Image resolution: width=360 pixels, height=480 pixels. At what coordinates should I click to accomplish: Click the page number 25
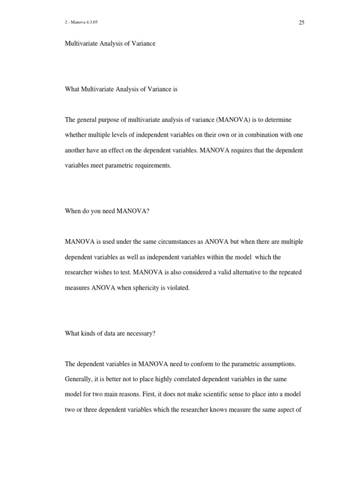pos(301,22)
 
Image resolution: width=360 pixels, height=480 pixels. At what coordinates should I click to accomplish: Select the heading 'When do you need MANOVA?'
pos(107,211)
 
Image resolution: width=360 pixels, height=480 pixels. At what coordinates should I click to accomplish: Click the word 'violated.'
pos(180,288)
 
